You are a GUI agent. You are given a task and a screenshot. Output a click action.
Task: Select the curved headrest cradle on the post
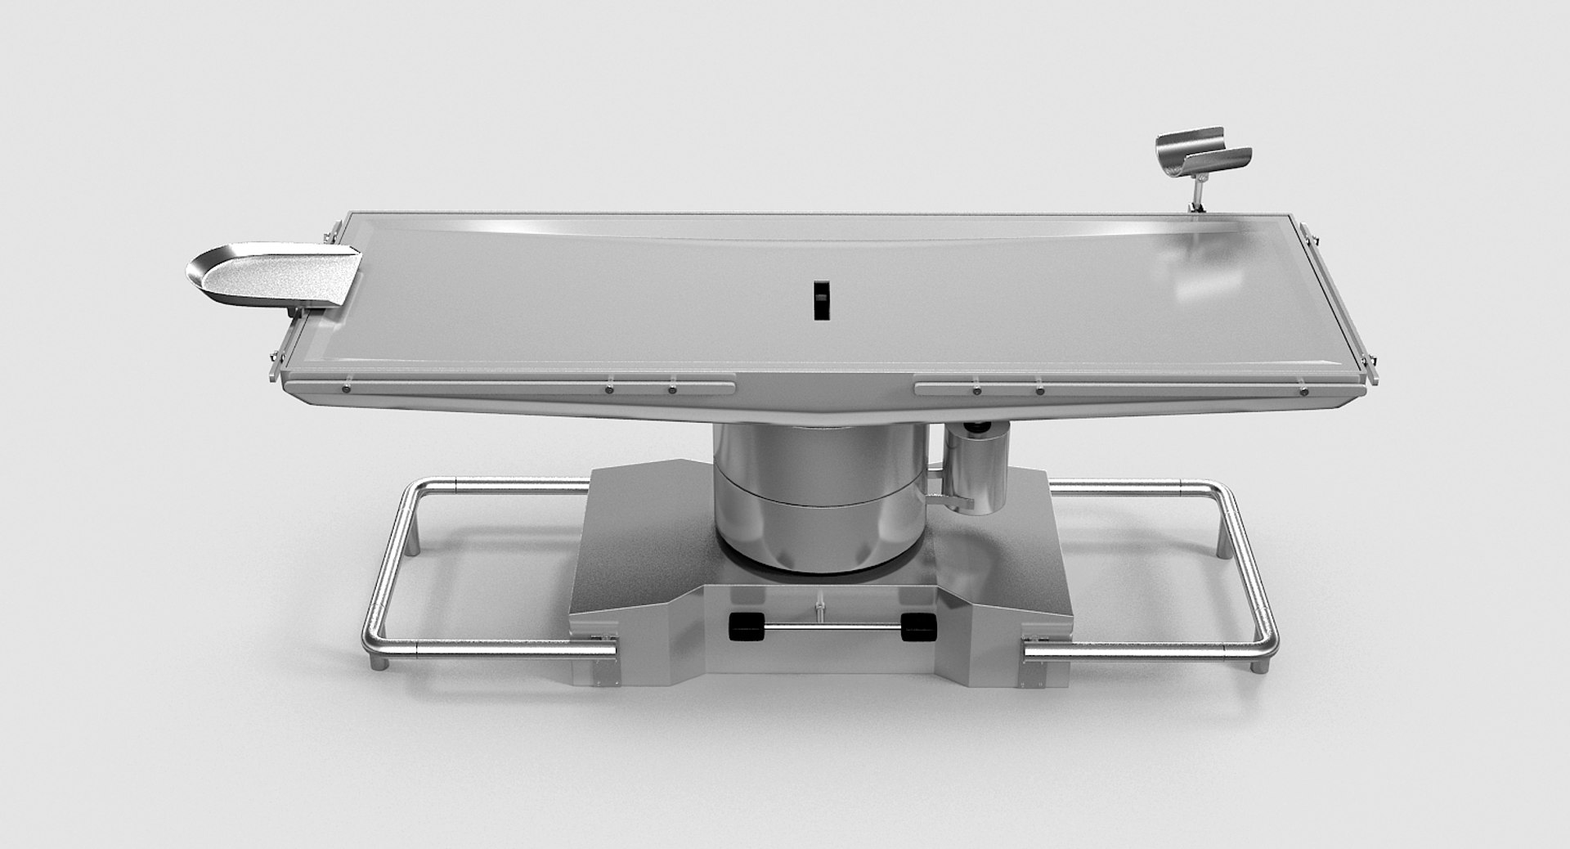pos(1202,155)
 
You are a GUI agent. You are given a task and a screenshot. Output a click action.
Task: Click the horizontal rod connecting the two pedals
pos(830,627)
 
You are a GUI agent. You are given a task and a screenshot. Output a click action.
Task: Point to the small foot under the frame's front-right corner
pos(1256,664)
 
